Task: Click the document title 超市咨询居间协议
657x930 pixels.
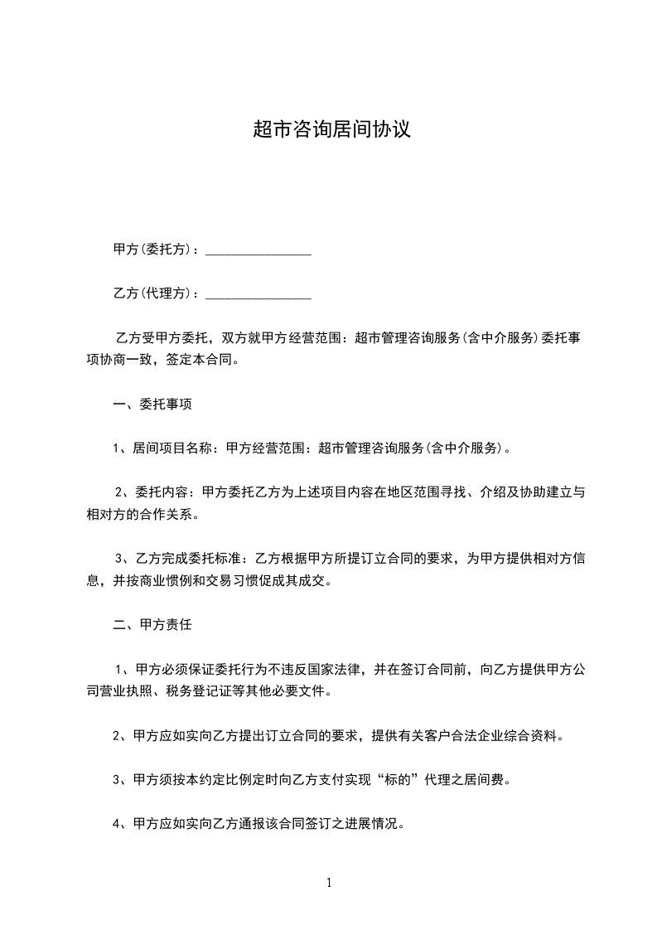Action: pos(331,130)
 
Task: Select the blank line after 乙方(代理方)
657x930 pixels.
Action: pos(258,294)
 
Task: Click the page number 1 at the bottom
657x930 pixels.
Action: pos(329,883)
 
